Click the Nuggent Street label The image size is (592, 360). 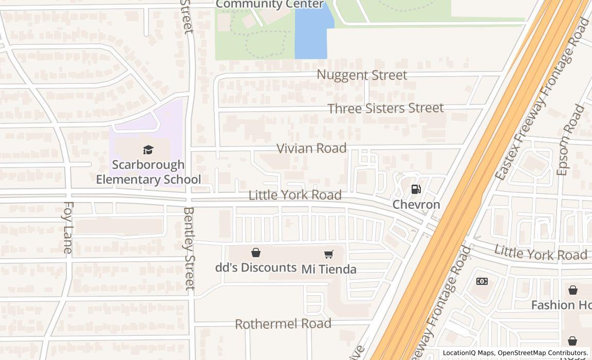pyautogui.click(x=362, y=75)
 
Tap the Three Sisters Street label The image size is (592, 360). pyautogui.click(x=385, y=108)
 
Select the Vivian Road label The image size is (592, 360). pyautogui.click(x=311, y=148)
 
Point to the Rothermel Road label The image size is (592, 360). pyautogui.click(x=283, y=324)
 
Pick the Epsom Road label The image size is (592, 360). pyautogui.click(x=570, y=140)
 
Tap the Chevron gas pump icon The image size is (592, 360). pyautogui.click(x=416, y=189)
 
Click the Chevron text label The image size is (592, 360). pyautogui.click(x=416, y=205)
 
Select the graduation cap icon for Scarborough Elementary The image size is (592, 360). pyautogui.click(x=149, y=150)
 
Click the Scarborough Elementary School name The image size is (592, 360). pyautogui.click(x=149, y=172)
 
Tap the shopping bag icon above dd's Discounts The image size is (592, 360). pyautogui.click(x=255, y=253)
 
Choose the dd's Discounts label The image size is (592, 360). pyautogui.click(x=255, y=267)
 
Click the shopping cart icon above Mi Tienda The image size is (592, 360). pyautogui.click(x=329, y=254)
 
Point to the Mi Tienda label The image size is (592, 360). pyautogui.click(x=329, y=269)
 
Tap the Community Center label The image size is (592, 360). pyautogui.click(x=270, y=5)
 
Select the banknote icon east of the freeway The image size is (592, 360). pyautogui.click(x=482, y=281)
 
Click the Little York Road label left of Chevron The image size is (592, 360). pyautogui.click(x=295, y=195)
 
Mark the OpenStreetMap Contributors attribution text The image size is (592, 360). pyautogui.click(x=543, y=353)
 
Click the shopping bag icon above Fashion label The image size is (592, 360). pyautogui.click(x=572, y=290)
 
